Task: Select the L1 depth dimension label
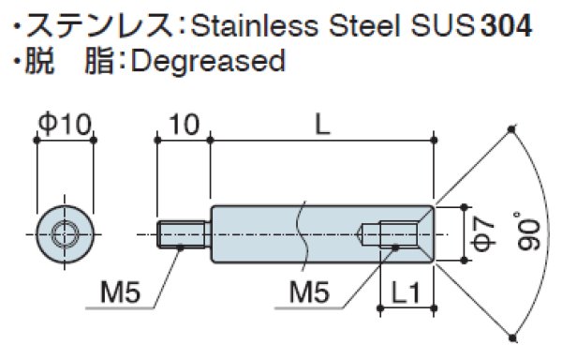[x=406, y=294]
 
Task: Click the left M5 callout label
[x=120, y=294]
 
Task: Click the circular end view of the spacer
[x=65, y=233]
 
